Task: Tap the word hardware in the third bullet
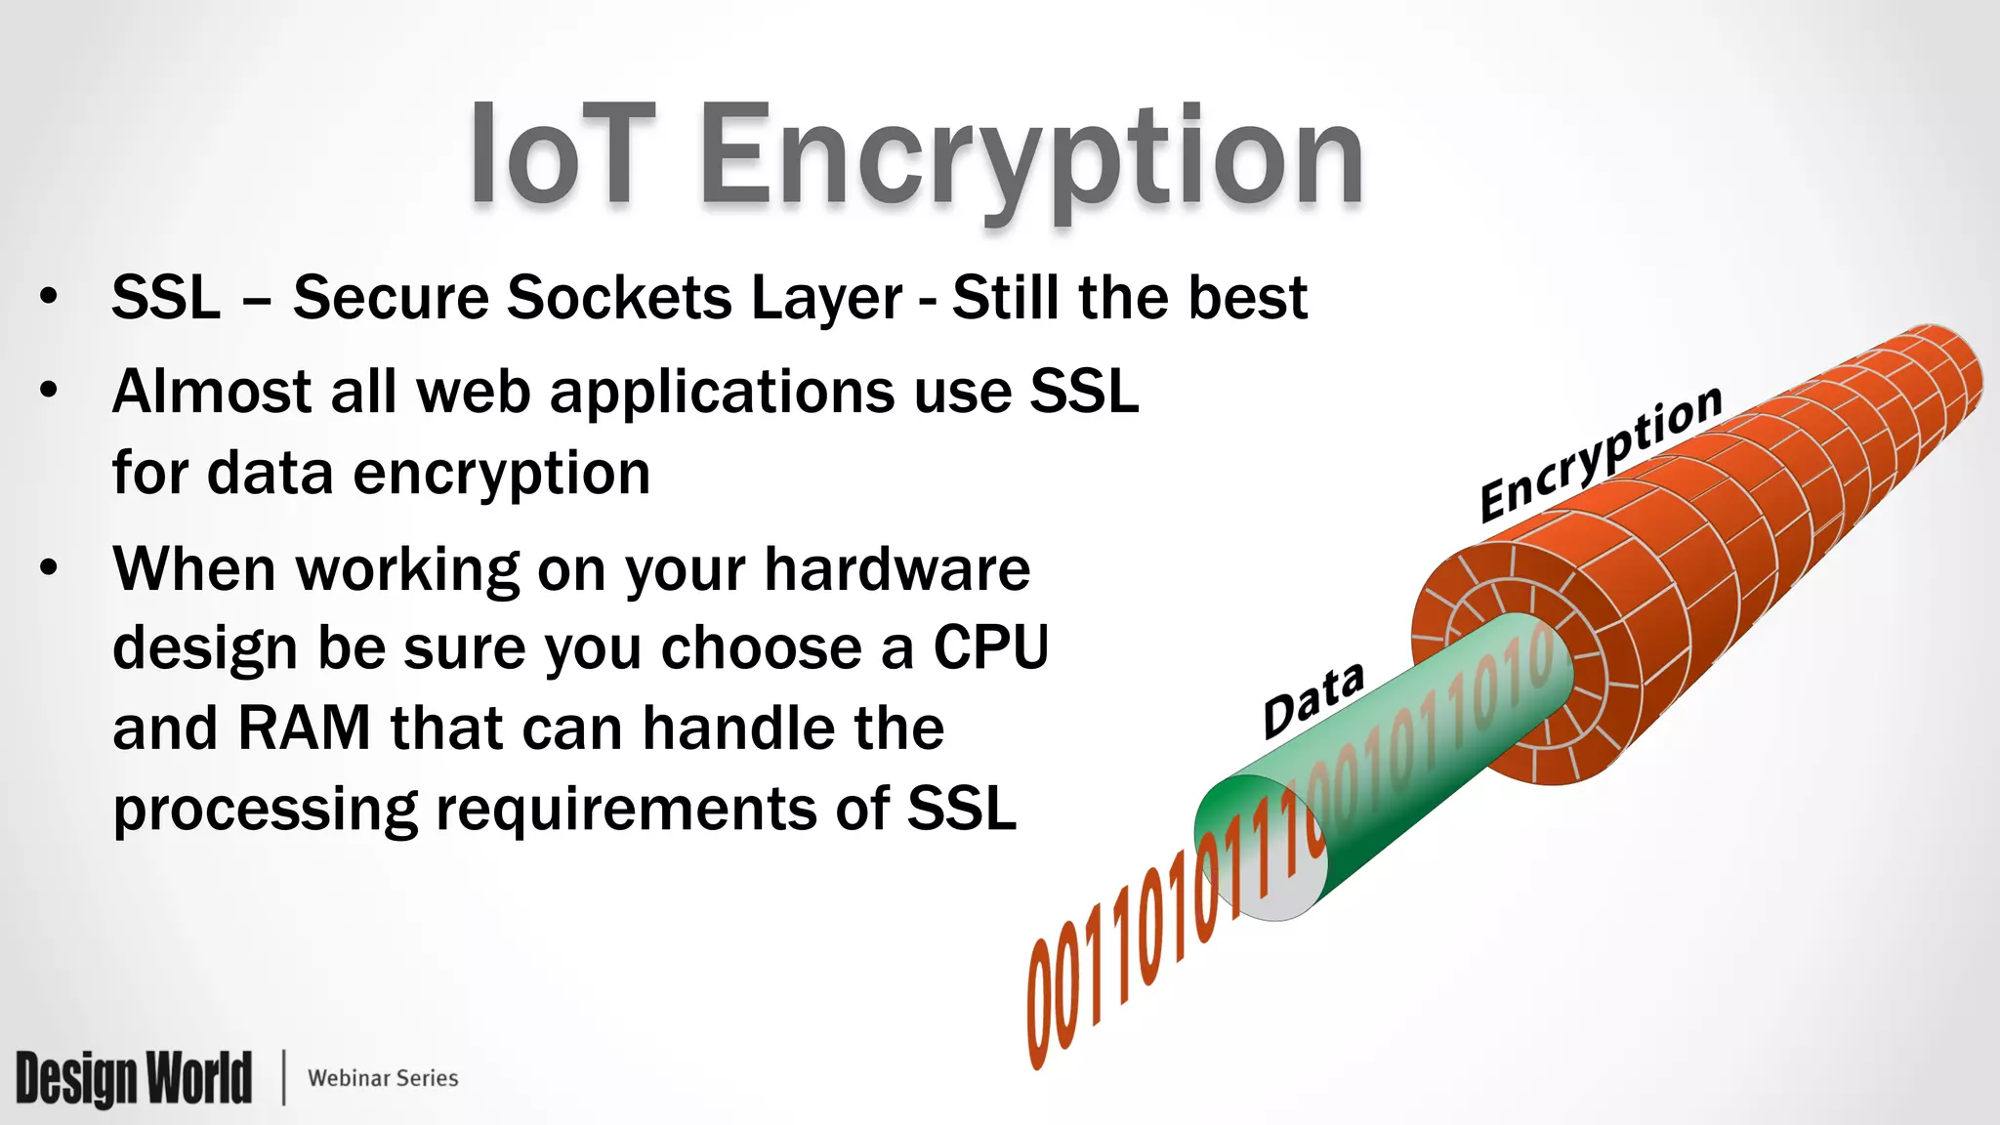pos(896,568)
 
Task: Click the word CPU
pos(990,647)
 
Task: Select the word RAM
pos(304,729)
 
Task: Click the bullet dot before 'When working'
pos(49,566)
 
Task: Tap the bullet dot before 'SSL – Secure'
pos(49,296)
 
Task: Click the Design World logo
pos(134,1078)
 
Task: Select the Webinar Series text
pos(383,1078)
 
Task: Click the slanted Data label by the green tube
pos(1312,699)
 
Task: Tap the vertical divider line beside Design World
pos(284,1077)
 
